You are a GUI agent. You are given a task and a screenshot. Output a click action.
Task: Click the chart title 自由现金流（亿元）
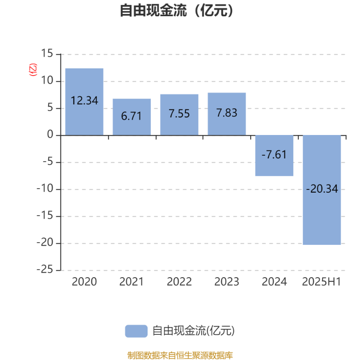176,10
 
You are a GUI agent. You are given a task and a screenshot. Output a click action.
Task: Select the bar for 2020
84,102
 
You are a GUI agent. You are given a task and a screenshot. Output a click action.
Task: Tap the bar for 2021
132,117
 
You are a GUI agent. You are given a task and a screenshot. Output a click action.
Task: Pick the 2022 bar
179,115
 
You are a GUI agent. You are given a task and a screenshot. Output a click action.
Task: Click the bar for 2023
227,114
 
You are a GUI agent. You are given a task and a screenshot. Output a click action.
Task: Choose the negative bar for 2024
274,156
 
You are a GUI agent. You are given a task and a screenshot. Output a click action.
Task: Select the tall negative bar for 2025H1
322,190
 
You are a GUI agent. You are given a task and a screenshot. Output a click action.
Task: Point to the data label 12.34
85,100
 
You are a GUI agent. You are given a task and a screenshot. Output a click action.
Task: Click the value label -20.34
322,189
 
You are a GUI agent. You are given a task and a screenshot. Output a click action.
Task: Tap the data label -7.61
274,154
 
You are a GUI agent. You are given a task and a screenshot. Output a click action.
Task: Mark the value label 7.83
227,113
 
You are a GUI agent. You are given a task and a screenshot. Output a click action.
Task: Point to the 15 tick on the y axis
47,53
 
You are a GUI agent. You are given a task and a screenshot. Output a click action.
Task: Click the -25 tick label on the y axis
45,269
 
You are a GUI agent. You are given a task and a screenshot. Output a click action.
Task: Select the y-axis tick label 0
50,134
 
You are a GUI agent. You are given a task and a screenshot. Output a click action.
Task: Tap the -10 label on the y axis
45,189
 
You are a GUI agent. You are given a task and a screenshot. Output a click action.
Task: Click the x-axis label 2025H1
321,282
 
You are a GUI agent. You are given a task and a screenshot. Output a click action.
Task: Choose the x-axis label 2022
179,282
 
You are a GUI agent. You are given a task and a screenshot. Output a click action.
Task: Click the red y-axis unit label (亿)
33,70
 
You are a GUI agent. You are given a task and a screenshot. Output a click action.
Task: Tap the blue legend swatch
136,331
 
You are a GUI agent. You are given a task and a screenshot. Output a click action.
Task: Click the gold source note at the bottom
180,355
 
